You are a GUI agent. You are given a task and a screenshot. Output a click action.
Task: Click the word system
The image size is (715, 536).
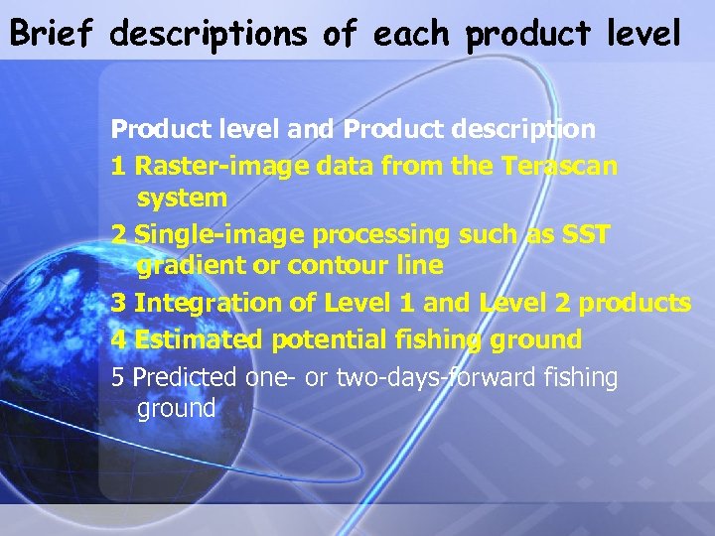tap(182, 199)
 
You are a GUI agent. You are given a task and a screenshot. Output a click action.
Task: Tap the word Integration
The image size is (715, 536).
tap(207, 303)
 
